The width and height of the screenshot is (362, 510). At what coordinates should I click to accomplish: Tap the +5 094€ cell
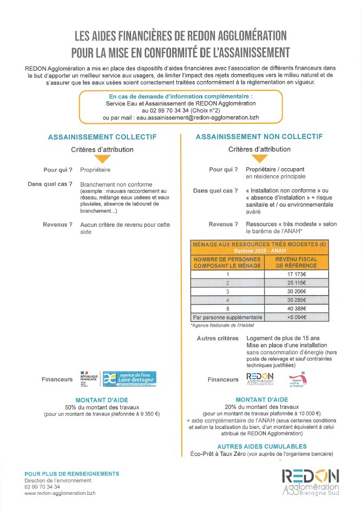click(x=297, y=317)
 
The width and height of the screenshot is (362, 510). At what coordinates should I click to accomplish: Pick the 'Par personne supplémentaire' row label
click(x=227, y=317)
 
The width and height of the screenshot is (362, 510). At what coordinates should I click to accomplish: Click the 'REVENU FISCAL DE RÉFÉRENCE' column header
click(x=297, y=262)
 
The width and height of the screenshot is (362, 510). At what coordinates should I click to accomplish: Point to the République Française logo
click(x=88, y=379)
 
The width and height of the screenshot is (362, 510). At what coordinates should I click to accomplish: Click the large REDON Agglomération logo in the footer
click(x=311, y=481)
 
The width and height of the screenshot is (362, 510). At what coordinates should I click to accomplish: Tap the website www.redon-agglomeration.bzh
click(x=60, y=493)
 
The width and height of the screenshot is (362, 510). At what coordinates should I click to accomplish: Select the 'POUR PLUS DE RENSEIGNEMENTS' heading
click(x=71, y=474)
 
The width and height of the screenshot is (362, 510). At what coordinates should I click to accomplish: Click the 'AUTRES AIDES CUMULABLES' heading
click(x=262, y=447)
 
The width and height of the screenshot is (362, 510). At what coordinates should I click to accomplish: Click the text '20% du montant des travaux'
click(x=261, y=407)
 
